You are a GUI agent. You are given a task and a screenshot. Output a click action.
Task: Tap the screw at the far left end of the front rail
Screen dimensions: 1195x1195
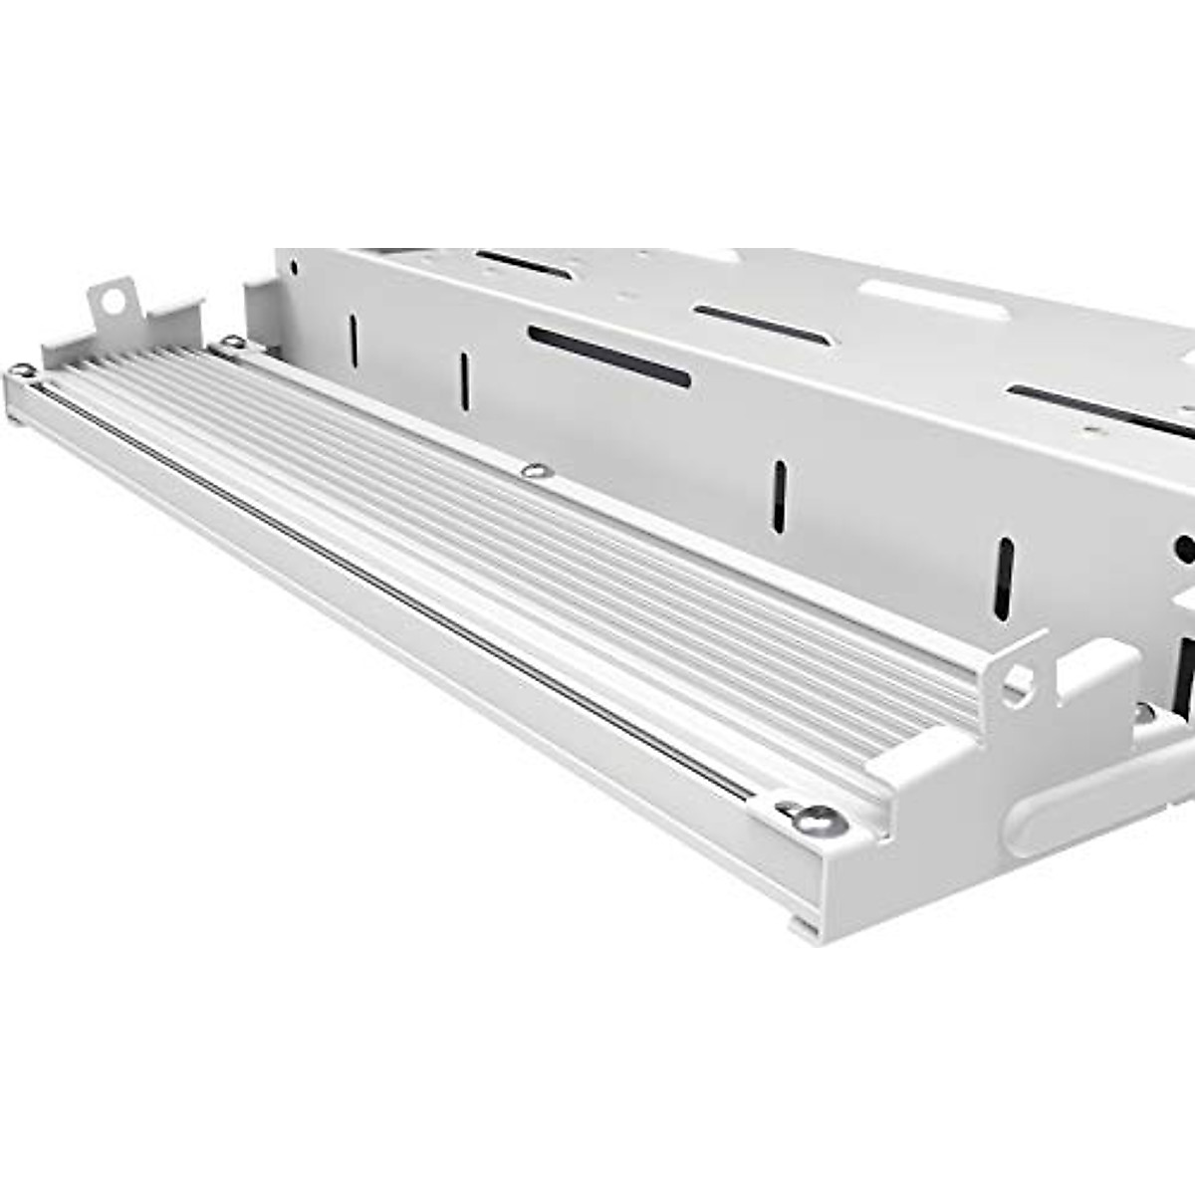point(20,372)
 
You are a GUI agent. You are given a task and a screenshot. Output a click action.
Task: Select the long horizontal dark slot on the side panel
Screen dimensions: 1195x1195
point(609,357)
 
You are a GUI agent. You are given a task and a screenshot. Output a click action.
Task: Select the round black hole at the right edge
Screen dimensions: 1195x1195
point(1185,549)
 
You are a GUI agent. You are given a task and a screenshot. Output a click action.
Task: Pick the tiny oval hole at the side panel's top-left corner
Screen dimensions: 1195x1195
point(292,266)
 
